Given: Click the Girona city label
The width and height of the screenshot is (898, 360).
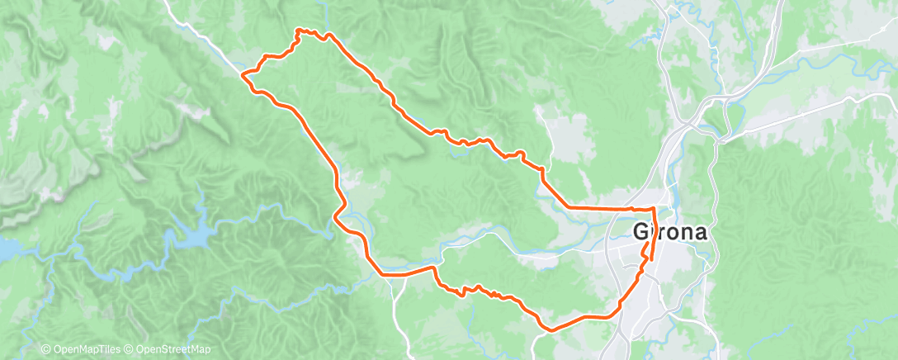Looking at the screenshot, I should (x=669, y=232).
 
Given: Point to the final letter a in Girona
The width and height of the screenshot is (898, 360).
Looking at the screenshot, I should (x=699, y=233).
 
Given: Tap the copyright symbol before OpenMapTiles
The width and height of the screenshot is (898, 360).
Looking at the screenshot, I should (x=46, y=350).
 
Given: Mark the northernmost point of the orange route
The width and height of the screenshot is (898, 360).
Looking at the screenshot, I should (x=299, y=30).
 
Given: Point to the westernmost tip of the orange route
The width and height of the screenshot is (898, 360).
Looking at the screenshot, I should (x=242, y=74).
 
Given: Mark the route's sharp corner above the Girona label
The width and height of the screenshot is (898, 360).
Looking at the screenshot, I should (x=655, y=209).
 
